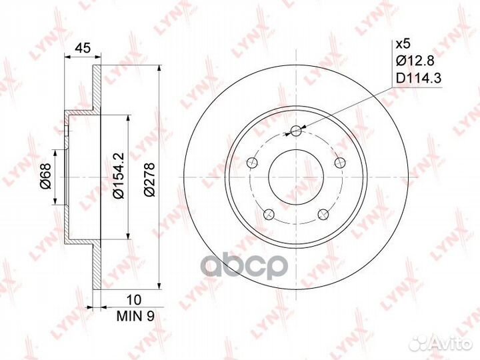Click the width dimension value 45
pyautogui.click(x=83, y=48)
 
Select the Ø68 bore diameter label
pyautogui.click(x=45, y=176)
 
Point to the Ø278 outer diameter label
pyautogui.click(x=150, y=180)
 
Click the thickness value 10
pyautogui.click(x=134, y=300)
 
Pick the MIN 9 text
pyautogui.click(x=135, y=316)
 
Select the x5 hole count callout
pyautogui.click(x=403, y=45)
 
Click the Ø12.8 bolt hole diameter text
pyautogui.click(x=415, y=61)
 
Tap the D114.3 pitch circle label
pyautogui.click(x=419, y=79)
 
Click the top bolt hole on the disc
pyautogui.click(x=296, y=131)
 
